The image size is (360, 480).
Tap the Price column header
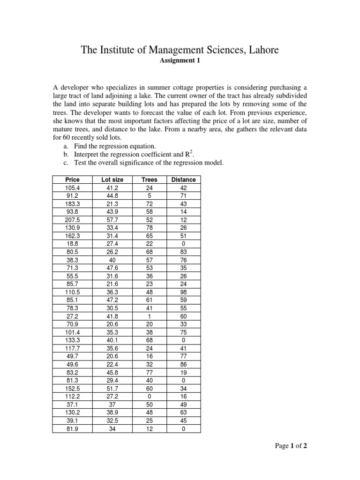[x=72, y=180]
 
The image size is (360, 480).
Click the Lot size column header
[x=112, y=180]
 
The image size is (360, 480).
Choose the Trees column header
[x=150, y=180]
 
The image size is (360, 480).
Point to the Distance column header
[x=183, y=180]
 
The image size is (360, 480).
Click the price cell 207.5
[x=72, y=219]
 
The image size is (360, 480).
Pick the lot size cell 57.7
[x=112, y=219]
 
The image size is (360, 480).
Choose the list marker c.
[x=66, y=163]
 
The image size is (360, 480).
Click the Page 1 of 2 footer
[x=291, y=446]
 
